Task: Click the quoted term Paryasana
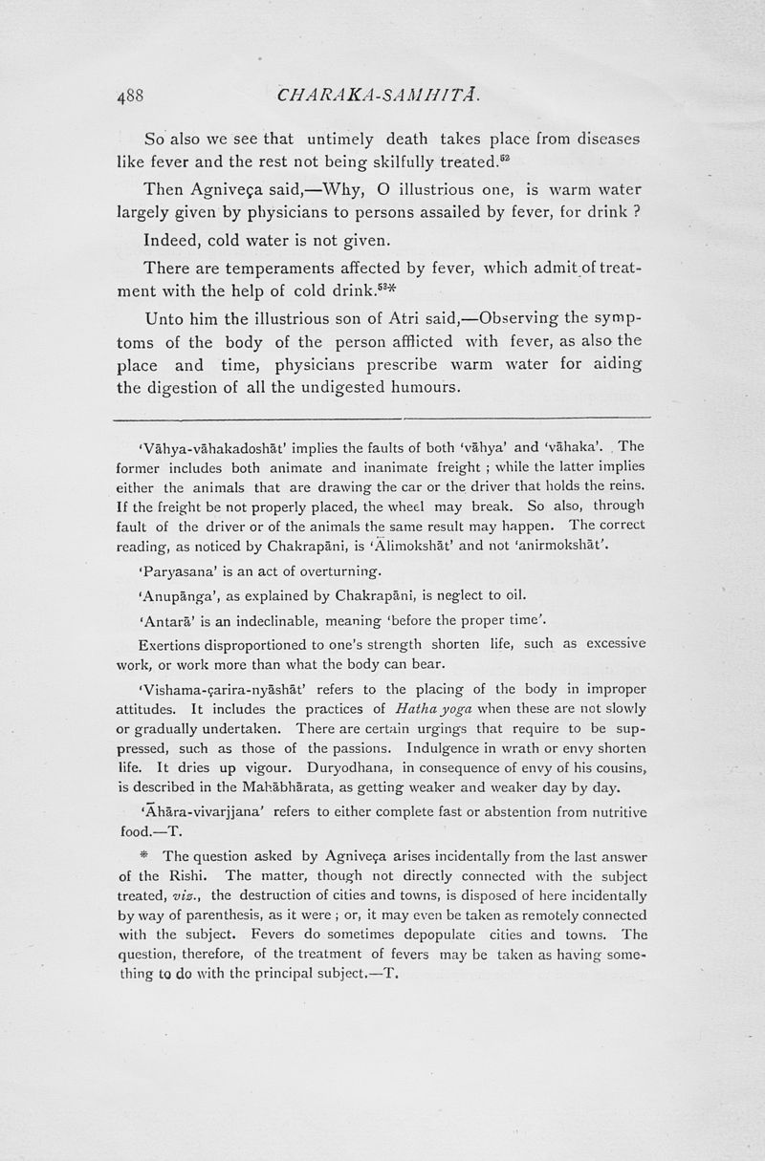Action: click(x=173, y=571)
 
